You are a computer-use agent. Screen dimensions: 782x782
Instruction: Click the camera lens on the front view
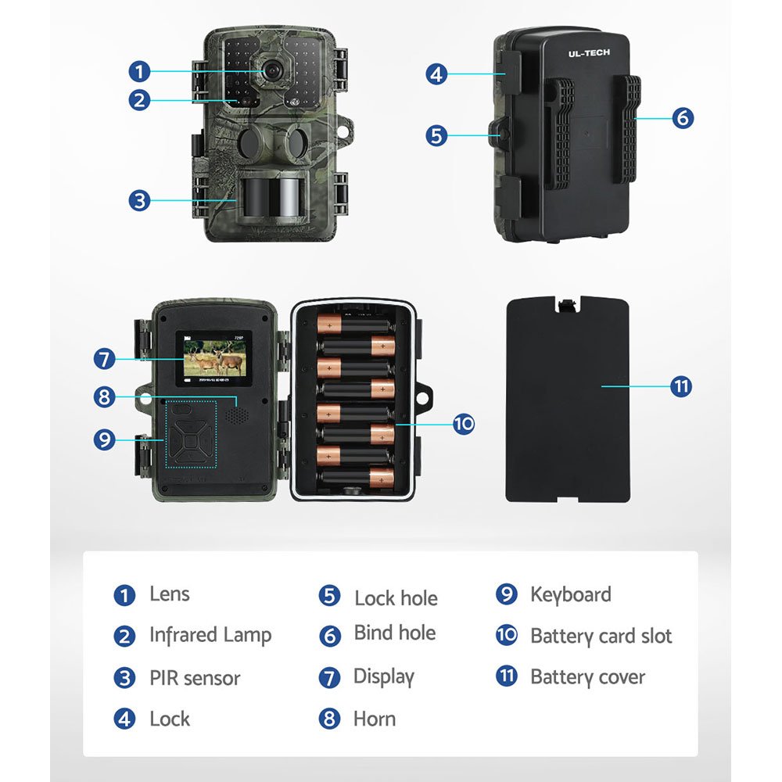point(272,71)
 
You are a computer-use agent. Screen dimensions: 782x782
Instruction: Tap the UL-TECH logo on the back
point(589,53)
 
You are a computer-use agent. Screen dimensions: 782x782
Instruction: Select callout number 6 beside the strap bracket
point(683,118)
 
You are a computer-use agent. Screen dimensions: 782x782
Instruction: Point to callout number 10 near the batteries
point(464,424)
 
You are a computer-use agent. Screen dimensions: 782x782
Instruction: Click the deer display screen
point(214,358)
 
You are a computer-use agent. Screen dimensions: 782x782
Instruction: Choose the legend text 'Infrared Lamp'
point(210,635)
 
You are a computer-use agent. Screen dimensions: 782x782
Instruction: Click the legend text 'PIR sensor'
point(195,678)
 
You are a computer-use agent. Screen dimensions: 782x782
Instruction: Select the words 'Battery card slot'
point(601,637)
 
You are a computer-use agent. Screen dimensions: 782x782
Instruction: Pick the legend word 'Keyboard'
point(571,594)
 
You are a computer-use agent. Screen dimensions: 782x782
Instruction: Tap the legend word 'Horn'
point(375,719)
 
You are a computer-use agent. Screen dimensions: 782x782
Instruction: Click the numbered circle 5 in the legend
point(329,595)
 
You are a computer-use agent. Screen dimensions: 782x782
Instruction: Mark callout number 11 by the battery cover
point(681,386)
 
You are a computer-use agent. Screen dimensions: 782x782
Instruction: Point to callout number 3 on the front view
point(139,200)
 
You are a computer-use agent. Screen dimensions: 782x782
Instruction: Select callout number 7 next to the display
point(104,359)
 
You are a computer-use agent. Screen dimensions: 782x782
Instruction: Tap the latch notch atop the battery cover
point(567,304)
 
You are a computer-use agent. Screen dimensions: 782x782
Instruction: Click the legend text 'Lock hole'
point(396,598)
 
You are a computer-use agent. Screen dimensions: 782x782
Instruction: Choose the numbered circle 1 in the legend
point(124,595)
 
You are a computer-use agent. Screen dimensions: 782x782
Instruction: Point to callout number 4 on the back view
point(436,74)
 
